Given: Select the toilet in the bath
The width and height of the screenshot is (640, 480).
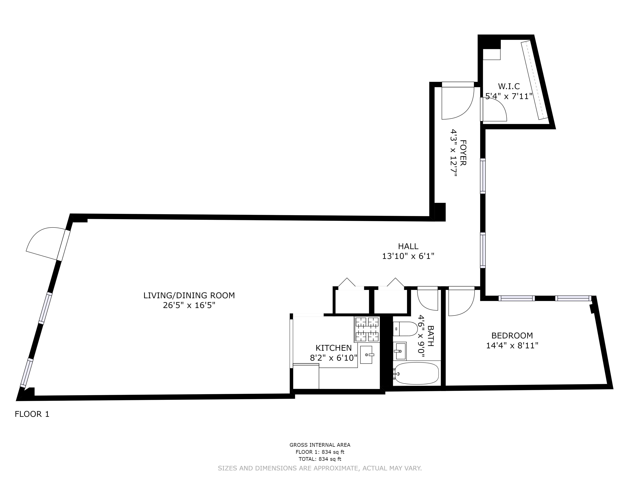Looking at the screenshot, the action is click(x=405, y=329).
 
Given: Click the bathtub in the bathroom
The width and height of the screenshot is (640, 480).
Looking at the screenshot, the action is click(x=417, y=374).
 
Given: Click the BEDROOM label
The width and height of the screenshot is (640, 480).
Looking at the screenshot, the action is click(x=512, y=336).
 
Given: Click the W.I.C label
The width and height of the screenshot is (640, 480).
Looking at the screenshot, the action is click(x=509, y=86).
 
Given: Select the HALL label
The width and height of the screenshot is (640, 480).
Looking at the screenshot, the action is click(x=408, y=246).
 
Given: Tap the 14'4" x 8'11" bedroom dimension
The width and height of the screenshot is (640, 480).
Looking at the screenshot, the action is click(x=512, y=345).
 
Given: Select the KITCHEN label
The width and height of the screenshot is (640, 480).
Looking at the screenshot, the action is click(x=334, y=348).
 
